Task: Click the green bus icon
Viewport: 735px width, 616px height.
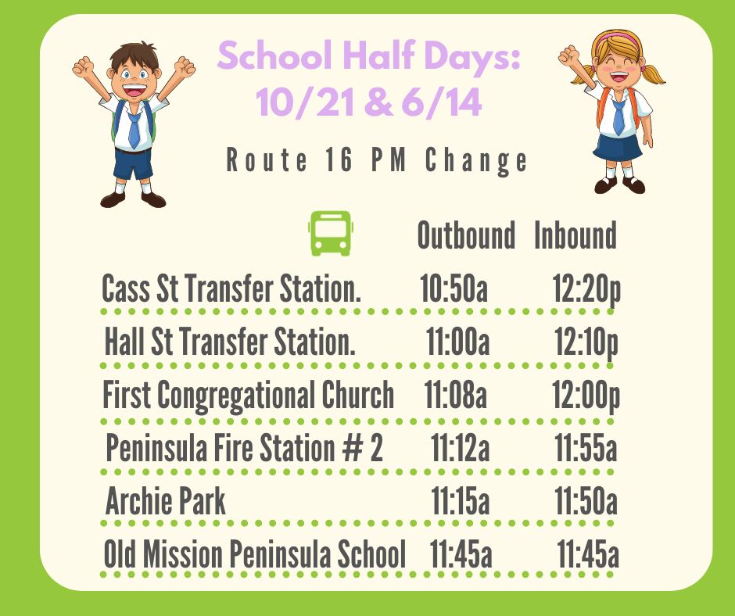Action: [x=331, y=233]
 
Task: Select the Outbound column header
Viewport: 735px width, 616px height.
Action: [x=466, y=235]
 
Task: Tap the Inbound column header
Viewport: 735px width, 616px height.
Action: [x=575, y=235]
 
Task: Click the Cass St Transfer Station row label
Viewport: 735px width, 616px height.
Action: [x=231, y=288]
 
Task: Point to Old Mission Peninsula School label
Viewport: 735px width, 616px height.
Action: [x=255, y=553]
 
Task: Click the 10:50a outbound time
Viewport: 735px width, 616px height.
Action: [x=454, y=288]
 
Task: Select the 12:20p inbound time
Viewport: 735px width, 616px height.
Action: [x=586, y=290]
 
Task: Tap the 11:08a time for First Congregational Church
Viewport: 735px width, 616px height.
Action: [x=455, y=394]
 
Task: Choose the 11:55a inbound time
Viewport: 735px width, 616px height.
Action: [x=586, y=448]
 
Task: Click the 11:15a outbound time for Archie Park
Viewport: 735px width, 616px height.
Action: [x=461, y=501]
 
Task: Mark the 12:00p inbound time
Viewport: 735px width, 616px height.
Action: [x=586, y=396]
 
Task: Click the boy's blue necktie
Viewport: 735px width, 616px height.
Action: [x=134, y=129]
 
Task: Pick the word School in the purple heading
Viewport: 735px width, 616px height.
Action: [x=274, y=56]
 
